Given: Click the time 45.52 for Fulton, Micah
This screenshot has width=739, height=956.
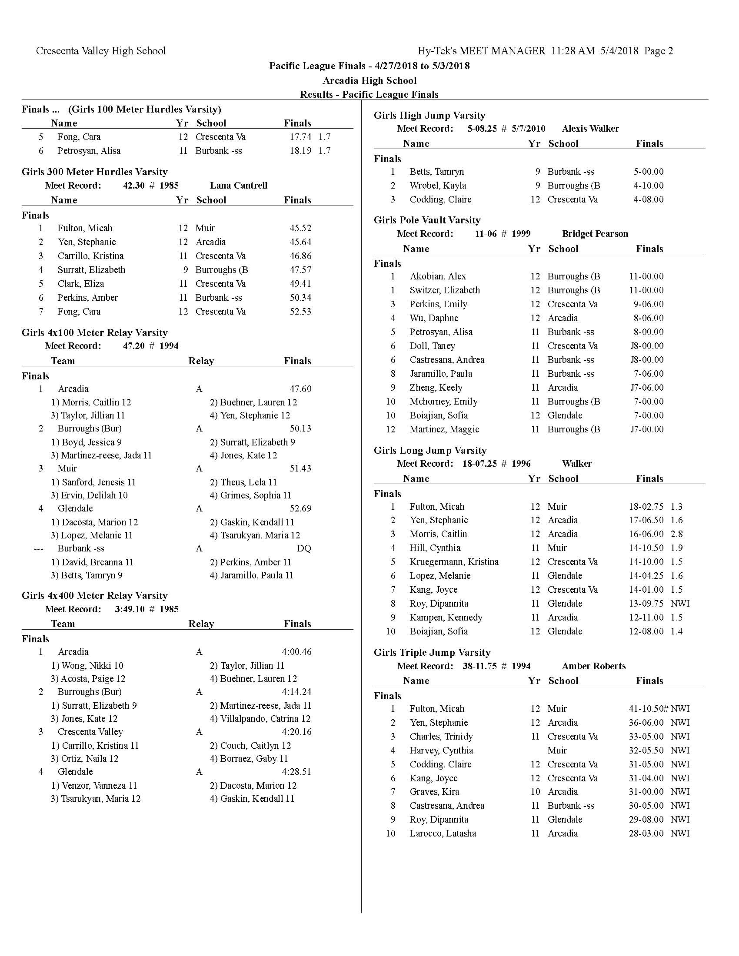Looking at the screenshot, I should point(300,228).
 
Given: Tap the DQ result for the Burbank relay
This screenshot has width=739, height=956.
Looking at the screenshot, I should point(304,548).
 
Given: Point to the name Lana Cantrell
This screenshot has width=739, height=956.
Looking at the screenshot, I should point(239,186).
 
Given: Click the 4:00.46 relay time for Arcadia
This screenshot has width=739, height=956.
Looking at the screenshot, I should point(296,652).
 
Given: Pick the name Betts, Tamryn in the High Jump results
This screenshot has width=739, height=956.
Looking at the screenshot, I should point(436,172).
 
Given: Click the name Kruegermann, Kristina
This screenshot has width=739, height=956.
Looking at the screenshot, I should point(454,562).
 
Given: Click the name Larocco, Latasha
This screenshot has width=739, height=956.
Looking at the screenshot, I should point(443,833).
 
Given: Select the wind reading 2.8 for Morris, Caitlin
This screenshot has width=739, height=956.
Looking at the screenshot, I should point(676,534).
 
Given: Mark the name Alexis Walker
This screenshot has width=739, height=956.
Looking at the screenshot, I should point(590,129).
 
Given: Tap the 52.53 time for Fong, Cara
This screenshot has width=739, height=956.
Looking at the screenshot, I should point(300,312).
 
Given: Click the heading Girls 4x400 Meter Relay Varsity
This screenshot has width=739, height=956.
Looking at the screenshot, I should point(95,596).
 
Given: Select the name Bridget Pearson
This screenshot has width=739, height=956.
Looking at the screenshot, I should point(595,234).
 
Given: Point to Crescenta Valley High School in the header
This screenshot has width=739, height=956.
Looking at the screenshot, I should point(101,51).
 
